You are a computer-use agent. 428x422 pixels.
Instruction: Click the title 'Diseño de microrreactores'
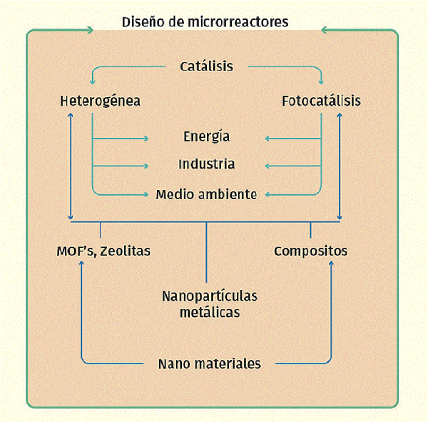click(x=205, y=22)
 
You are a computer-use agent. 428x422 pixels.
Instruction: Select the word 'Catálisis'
click(x=206, y=66)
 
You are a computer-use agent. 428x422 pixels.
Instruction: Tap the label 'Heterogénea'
click(x=100, y=101)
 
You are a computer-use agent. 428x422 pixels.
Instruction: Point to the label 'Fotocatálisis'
click(x=321, y=101)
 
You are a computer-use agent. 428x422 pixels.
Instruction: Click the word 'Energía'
click(x=206, y=136)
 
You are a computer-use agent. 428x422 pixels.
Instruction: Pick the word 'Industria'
click(x=206, y=164)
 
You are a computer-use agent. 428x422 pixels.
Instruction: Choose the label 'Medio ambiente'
click(x=206, y=194)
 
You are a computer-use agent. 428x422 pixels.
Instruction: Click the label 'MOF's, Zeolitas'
click(x=103, y=251)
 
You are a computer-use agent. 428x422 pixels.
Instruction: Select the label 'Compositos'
click(x=310, y=251)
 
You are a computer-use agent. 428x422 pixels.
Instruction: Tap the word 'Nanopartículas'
click(x=210, y=296)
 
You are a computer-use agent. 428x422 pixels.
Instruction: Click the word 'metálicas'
click(x=210, y=312)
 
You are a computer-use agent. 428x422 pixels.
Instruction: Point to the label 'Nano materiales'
click(x=209, y=363)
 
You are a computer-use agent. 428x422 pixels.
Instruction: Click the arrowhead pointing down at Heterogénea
click(x=93, y=81)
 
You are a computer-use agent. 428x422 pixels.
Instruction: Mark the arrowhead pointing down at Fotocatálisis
click(x=321, y=81)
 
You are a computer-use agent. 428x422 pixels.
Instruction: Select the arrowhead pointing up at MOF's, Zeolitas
click(x=81, y=263)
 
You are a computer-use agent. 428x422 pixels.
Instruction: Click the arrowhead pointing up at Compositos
click(x=331, y=263)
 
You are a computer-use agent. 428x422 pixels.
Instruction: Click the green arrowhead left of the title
click(x=90, y=30)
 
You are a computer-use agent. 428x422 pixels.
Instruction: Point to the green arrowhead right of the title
click(x=325, y=30)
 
